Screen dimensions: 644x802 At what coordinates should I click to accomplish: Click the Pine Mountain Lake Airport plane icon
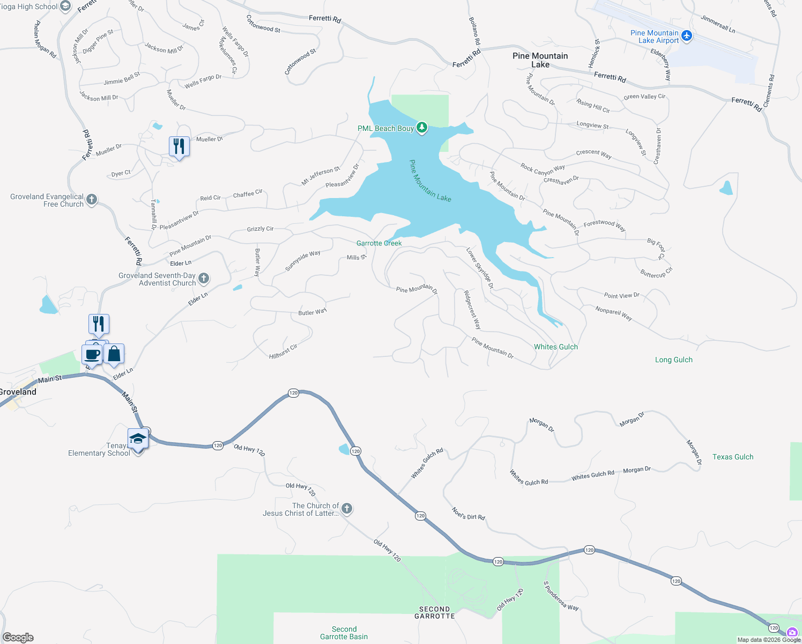pyautogui.click(x=687, y=36)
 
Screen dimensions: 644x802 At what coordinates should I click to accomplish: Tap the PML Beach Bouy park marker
pyautogui.click(x=422, y=128)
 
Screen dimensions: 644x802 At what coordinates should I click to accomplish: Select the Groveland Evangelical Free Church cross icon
pyautogui.click(x=92, y=200)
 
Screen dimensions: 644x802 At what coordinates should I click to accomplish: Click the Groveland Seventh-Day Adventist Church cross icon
pyautogui.click(x=203, y=278)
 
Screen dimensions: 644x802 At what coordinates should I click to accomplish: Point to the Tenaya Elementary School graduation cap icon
pyautogui.click(x=138, y=438)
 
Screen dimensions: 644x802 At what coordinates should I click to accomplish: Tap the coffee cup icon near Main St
pyautogui.click(x=92, y=354)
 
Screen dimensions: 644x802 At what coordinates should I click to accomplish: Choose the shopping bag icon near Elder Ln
pyautogui.click(x=114, y=354)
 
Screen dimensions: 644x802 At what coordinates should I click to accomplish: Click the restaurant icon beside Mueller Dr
pyautogui.click(x=179, y=146)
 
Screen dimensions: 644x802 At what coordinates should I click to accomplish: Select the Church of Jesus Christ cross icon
pyautogui.click(x=347, y=508)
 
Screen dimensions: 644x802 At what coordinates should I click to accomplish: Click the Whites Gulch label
pyautogui.click(x=556, y=347)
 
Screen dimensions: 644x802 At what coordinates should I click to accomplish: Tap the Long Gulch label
pyautogui.click(x=673, y=360)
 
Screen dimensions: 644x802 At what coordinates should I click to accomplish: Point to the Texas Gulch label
pyautogui.click(x=732, y=457)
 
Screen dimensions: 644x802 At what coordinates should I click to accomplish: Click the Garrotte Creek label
pyautogui.click(x=379, y=243)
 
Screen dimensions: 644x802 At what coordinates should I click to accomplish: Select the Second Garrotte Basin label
pyautogui.click(x=344, y=633)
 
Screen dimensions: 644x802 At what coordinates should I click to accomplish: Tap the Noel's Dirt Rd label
pyautogui.click(x=468, y=514)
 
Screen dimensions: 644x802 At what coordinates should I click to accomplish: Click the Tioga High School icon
pyautogui.click(x=65, y=6)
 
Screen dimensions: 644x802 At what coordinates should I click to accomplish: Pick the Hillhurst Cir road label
pyautogui.click(x=283, y=352)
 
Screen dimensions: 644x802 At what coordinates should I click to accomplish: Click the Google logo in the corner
pyautogui.click(x=18, y=638)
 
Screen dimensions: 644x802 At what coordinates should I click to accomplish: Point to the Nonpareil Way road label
pyautogui.click(x=613, y=313)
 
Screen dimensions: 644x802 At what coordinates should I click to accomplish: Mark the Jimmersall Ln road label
pyautogui.click(x=718, y=24)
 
